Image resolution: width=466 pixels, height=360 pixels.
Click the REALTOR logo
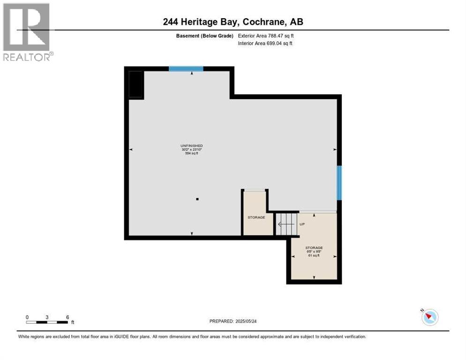[x=27, y=32]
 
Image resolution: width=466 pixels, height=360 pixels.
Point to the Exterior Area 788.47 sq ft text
[x=266, y=36]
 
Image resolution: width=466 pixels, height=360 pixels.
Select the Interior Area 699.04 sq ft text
[x=266, y=44]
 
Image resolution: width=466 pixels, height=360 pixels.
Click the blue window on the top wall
[x=186, y=69]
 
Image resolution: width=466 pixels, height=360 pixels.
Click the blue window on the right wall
[x=339, y=183]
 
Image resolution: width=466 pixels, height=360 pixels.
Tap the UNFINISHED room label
[x=191, y=146]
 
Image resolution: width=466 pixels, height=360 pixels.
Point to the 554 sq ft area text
[x=191, y=153]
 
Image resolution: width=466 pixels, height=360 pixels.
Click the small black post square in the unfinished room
[x=197, y=199]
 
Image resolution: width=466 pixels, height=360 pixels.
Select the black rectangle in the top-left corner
[x=135, y=84]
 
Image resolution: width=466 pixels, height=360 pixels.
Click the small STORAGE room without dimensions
[x=256, y=217]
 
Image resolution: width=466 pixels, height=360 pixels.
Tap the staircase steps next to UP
[x=286, y=224]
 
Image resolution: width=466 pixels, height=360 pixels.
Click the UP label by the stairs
[x=302, y=224]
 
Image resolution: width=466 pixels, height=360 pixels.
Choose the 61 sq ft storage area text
[x=314, y=255]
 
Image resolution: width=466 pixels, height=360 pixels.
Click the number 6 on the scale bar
[x=68, y=317]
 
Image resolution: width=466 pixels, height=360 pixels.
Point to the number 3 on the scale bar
[x=47, y=317]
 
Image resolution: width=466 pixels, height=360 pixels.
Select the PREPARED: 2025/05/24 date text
[x=233, y=321]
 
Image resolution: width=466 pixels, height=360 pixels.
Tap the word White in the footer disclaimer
[x=24, y=337]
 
